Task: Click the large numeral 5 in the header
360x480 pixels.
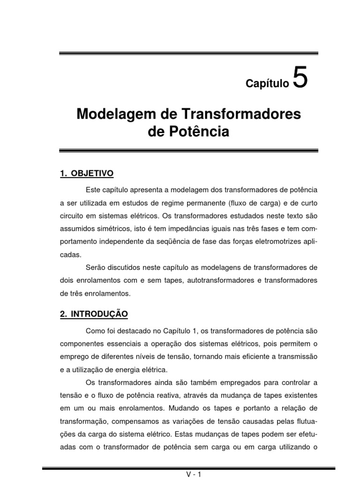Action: pyautogui.click(x=300, y=78)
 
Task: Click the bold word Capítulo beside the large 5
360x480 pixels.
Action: pyautogui.click(x=268, y=84)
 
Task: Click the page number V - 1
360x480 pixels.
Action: pyautogui.click(x=193, y=474)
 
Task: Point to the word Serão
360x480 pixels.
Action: pyautogui.click(x=97, y=268)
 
